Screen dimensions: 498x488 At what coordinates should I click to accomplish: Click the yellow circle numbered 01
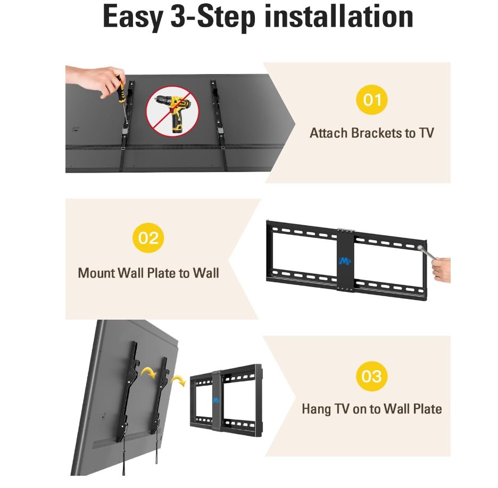pos(371,100)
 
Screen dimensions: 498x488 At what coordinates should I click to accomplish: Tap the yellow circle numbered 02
pos(148,238)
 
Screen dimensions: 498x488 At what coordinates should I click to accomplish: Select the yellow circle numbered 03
pos(371,376)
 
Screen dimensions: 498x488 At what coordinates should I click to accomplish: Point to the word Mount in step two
pos(96,273)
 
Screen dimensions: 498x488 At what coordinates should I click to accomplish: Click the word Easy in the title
pos(133,18)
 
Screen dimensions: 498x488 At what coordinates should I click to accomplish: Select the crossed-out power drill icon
pos(172,111)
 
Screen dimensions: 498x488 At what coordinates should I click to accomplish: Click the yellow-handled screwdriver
pos(122,99)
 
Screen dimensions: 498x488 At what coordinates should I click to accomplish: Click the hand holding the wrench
pos(442,270)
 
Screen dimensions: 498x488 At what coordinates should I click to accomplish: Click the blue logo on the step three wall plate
pos(216,400)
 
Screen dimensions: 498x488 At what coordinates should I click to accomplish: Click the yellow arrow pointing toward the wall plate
pos(178,380)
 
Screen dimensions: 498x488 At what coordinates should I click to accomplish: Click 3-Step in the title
pos(213,18)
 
